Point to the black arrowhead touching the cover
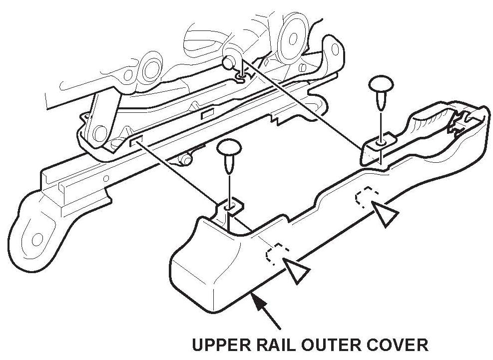coord(256,300)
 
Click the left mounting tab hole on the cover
coord(229,206)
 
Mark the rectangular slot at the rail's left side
coord(135,142)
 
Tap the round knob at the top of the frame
coord(228,62)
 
